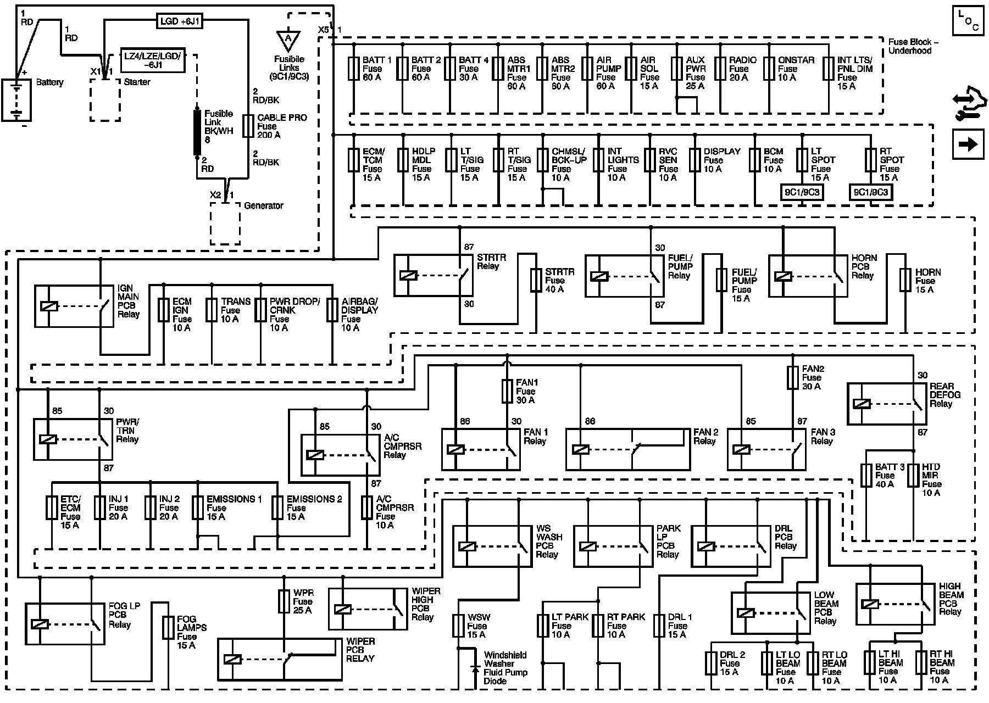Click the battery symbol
pyautogui.click(x=16, y=99)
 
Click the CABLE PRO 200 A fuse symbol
pyautogui.click(x=248, y=126)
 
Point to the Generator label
pyautogui.click(x=263, y=205)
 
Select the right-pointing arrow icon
pyautogui.click(x=967, y=144)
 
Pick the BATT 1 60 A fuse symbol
pyautogui.click(x=354, y=69)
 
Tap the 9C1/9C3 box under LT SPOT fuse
pyautogui.click(x=802, y=192)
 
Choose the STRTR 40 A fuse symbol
pyautogui.click(x=536, y=280)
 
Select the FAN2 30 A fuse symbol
pyautogui.click(x=792, y=378)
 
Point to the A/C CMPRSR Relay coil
pyautogui.click(x=315, y=455)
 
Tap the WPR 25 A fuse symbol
pyautogui.click(x=284, y=601)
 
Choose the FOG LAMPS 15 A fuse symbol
pyautogui.click(x=168, y=627)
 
